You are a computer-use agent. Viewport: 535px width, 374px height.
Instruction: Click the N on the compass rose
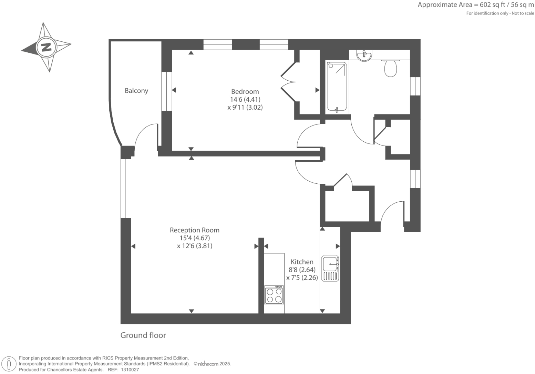46,47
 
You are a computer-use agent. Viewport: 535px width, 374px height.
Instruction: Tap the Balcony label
136,91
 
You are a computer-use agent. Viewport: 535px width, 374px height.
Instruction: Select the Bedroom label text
245,92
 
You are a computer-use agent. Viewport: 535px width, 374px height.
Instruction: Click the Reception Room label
194,230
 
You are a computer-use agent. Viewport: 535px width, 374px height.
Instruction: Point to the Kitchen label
302,262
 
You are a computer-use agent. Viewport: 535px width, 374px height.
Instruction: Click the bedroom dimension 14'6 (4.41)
245,100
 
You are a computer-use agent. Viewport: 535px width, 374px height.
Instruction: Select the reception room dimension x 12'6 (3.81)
194,246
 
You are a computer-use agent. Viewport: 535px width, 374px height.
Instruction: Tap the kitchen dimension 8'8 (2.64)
302,270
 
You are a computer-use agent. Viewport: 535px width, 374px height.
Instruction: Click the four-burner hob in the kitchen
274,295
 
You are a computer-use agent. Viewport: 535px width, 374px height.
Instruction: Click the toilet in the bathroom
390,68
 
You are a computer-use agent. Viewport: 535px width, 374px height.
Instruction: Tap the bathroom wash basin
364,55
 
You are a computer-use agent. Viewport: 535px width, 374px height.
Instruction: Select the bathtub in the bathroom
337,87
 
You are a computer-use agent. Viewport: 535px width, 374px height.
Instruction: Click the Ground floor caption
143,335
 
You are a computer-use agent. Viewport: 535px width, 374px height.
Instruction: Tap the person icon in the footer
9,364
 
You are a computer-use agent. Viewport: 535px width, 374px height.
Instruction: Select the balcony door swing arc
143,136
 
